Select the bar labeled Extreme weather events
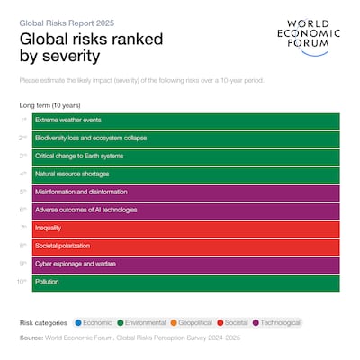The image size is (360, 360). click(185, 121)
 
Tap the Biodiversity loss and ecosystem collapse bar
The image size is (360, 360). click(185, 139)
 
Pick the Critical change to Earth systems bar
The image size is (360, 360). click(185, 157)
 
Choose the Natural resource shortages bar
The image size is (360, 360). click(185, 175)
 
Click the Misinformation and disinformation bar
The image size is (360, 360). click(185, 193)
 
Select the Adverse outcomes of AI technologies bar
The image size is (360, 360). click(185, 211)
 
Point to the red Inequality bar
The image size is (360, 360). click(185, 229)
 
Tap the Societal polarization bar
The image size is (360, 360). click(185, 247)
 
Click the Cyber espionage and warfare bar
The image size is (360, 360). click(185, 265)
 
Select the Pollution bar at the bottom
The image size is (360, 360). click(185, 283)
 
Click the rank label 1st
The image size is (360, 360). click(23, 121)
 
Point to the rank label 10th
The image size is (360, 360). click(22, 283)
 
